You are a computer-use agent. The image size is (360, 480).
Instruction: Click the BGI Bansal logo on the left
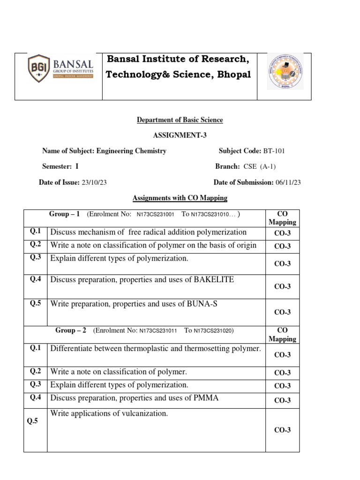point(60,68)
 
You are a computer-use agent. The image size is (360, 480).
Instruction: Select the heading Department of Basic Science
point(180,120)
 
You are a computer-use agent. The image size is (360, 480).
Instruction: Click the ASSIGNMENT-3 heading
point(180,135)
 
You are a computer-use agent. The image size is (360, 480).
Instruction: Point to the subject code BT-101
point(274,151)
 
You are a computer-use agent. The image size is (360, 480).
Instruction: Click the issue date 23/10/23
point(94,182)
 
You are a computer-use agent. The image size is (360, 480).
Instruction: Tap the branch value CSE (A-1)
point(262,166)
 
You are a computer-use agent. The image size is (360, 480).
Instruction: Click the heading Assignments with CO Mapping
point(180,198)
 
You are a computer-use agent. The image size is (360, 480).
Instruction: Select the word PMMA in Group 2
point(206,398)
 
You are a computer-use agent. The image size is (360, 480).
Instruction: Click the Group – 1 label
point(65,214)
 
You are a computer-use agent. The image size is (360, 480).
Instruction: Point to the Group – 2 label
point(71,330)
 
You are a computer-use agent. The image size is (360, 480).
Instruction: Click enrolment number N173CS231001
point(156,214)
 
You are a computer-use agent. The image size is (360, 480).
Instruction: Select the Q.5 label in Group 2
point(32,421)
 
